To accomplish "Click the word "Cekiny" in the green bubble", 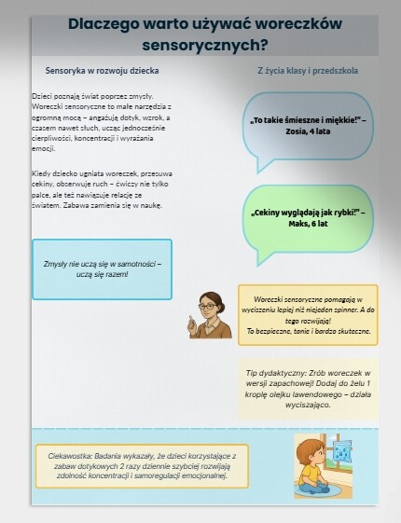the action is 270,213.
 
